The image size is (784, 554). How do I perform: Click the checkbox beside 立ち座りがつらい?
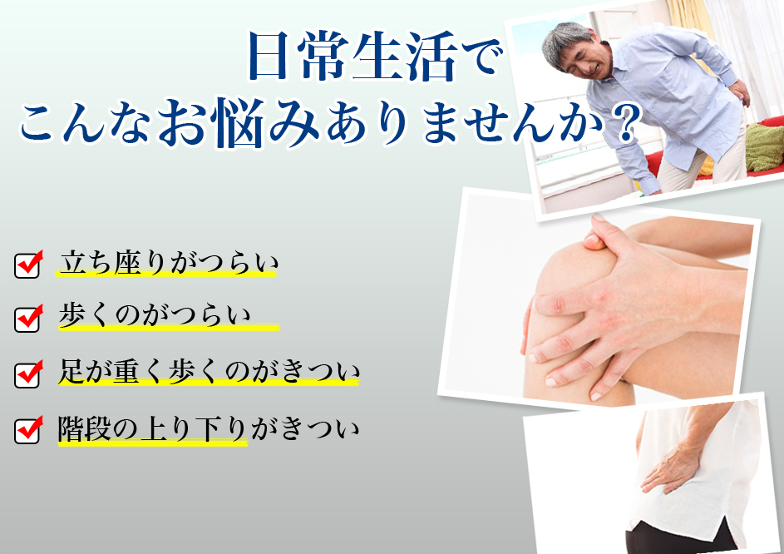[x=27, y=265]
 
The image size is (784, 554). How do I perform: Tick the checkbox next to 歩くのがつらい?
[x=27, y=319]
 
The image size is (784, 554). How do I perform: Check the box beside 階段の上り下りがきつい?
[x=27, y=430]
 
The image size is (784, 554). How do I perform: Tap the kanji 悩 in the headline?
[x=236, y=122]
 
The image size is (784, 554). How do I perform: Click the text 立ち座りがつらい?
[x=169, y=262]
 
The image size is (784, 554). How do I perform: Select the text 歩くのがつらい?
[x=154, y=315]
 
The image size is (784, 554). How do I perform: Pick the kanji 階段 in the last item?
[x=84, y=429]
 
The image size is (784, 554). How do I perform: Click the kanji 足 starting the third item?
[x=71, y=373]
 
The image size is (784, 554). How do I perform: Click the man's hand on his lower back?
[x=739, y=93]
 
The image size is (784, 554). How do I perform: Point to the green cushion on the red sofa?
[x=764, y=147]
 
